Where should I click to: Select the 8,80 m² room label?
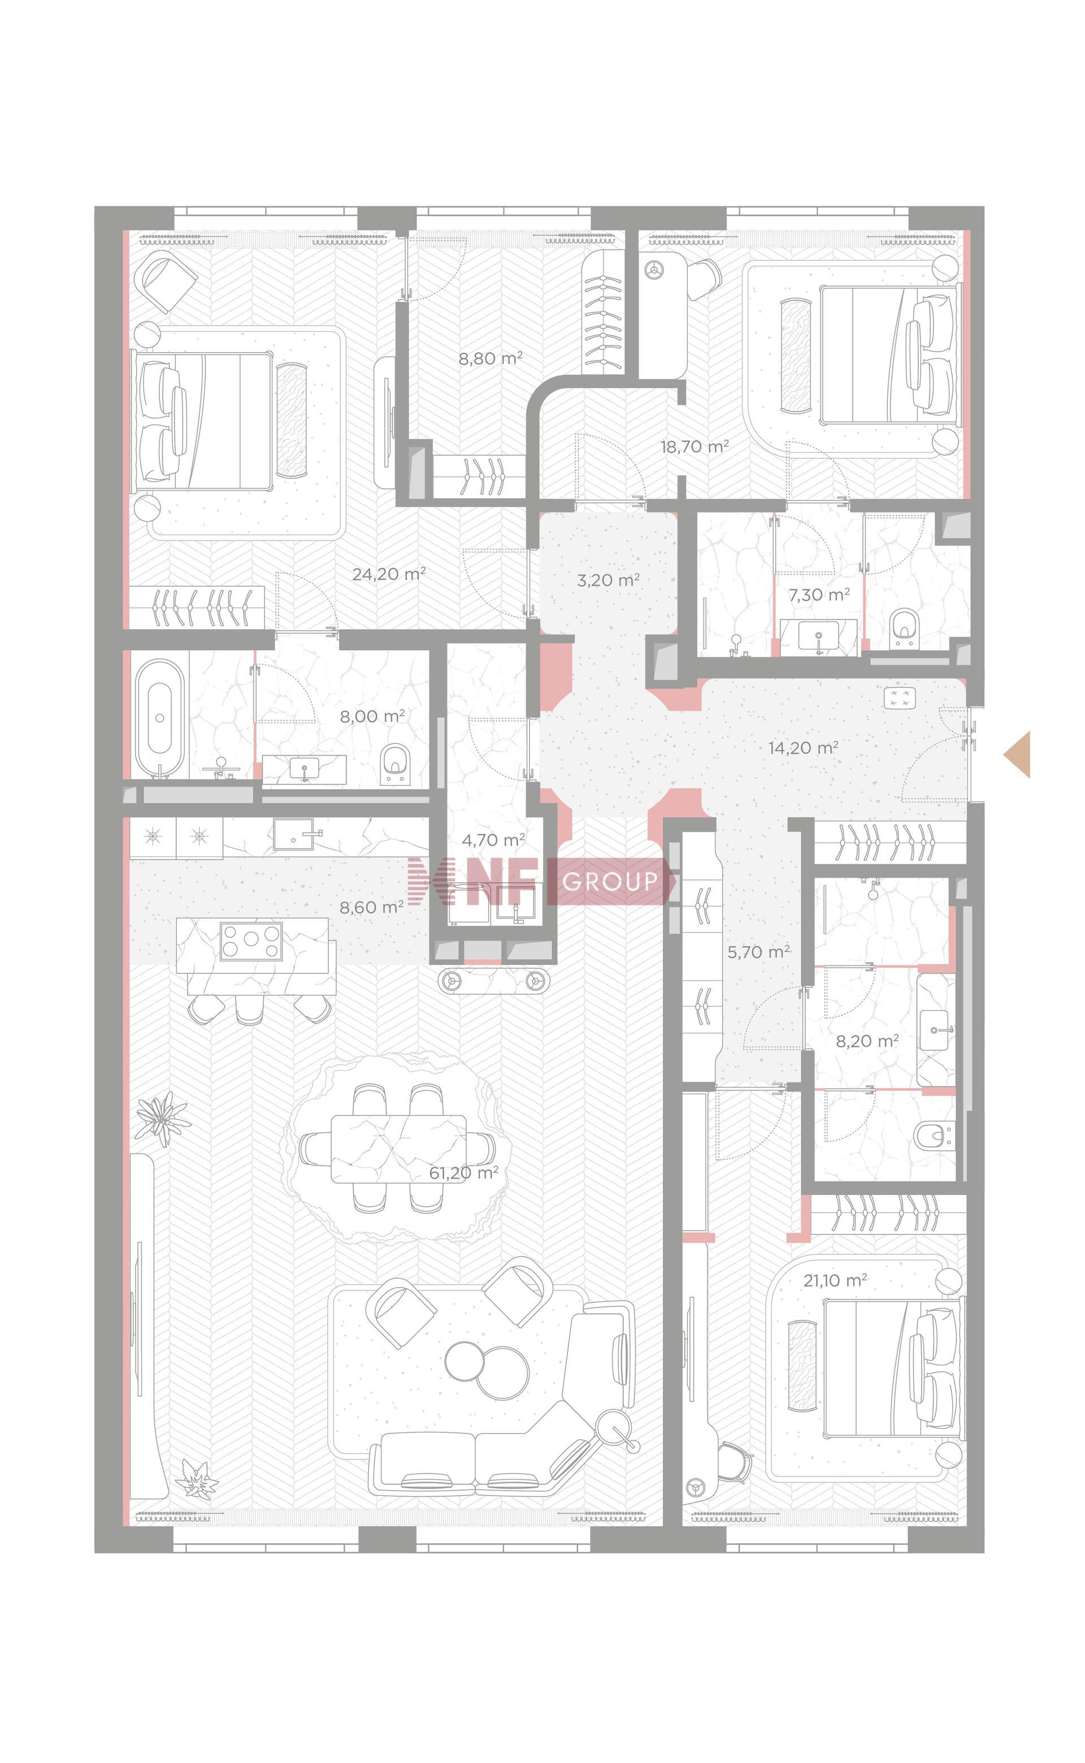pyautogui.click(x=490, y=357)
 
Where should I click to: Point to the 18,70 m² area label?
pyautogui.click(x=695, y=447)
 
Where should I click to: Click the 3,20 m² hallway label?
pyautogui.click(x=609, y=580)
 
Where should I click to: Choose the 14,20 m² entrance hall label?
pyautogui.click(x=803, y=748)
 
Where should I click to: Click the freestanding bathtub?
pyautogui.click(x=159, y=717)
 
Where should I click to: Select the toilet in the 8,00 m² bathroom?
pyautogui.click(x=394, y=762)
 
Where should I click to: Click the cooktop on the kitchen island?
pyautogui.click(x=250, y=941)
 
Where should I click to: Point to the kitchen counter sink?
pyautogui.click(x=298, y=834)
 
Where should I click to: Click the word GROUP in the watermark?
pyautogui.click(x=610, y=881)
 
